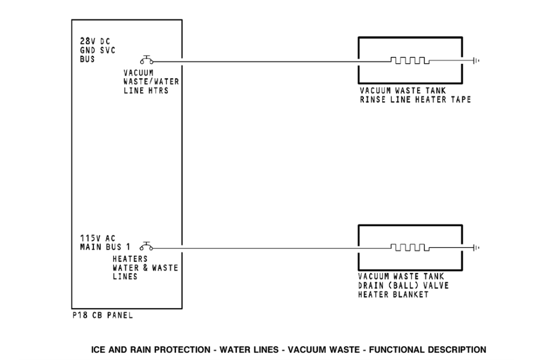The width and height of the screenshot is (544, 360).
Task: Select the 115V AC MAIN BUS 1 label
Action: pos(105,242)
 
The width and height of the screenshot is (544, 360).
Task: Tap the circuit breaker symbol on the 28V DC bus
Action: pos(146,60)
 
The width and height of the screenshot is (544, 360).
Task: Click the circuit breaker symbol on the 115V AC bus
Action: pos(146,246)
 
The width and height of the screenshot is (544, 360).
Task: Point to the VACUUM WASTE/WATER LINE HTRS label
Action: pos(150,81)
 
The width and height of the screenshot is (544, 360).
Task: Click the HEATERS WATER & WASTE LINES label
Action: pos(145,267)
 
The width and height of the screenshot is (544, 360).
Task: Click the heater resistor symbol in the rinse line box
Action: pos(408,60)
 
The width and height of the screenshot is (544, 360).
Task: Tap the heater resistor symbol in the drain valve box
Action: pos(408,247)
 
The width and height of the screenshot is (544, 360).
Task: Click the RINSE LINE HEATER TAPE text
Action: pos(415,100)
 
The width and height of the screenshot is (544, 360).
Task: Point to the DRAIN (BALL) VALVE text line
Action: pos(403,285)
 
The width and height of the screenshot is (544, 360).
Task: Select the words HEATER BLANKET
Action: pos(393,294)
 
